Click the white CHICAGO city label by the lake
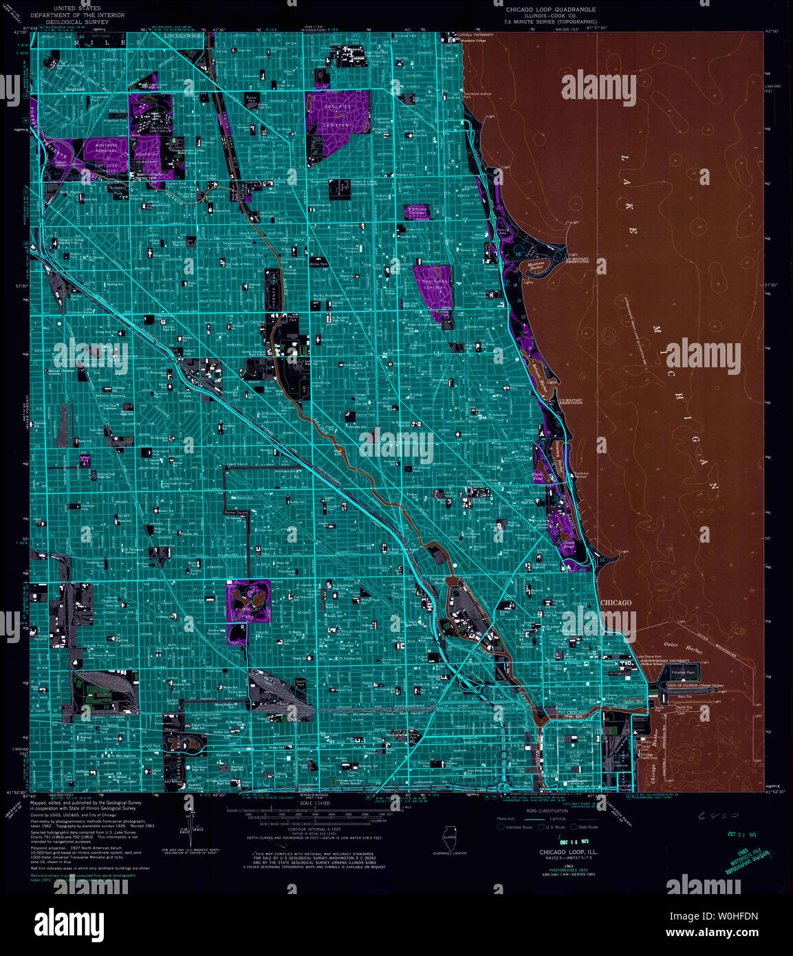(x=616, y=603)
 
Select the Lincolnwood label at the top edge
(x=188, y=36)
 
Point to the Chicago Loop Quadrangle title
(x=551, y=10)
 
